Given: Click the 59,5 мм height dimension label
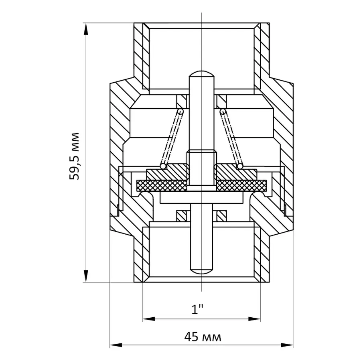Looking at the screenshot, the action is pos(74,156).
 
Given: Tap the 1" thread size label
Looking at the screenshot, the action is pos(197,309).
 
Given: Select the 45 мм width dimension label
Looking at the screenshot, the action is pos(203,337).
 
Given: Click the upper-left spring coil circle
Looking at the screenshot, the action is pos(180,112).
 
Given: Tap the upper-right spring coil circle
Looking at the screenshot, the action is pos(223,112).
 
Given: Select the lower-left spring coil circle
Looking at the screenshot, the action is pos(163,166).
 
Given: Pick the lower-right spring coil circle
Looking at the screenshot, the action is pos(240,166).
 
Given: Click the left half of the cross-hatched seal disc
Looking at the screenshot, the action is pos(162,186).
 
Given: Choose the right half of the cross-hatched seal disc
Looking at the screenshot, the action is pos(241,186).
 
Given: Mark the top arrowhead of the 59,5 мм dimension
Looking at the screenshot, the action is pos(86,29).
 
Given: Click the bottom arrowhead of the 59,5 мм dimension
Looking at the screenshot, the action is pos(86,276).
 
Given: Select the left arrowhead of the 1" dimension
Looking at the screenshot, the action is pos(149,319).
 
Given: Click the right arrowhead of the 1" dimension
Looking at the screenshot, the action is pos(254,319).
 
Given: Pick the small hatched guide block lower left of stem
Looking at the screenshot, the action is pos(181,216).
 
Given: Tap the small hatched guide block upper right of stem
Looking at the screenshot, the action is pos(222,101).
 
